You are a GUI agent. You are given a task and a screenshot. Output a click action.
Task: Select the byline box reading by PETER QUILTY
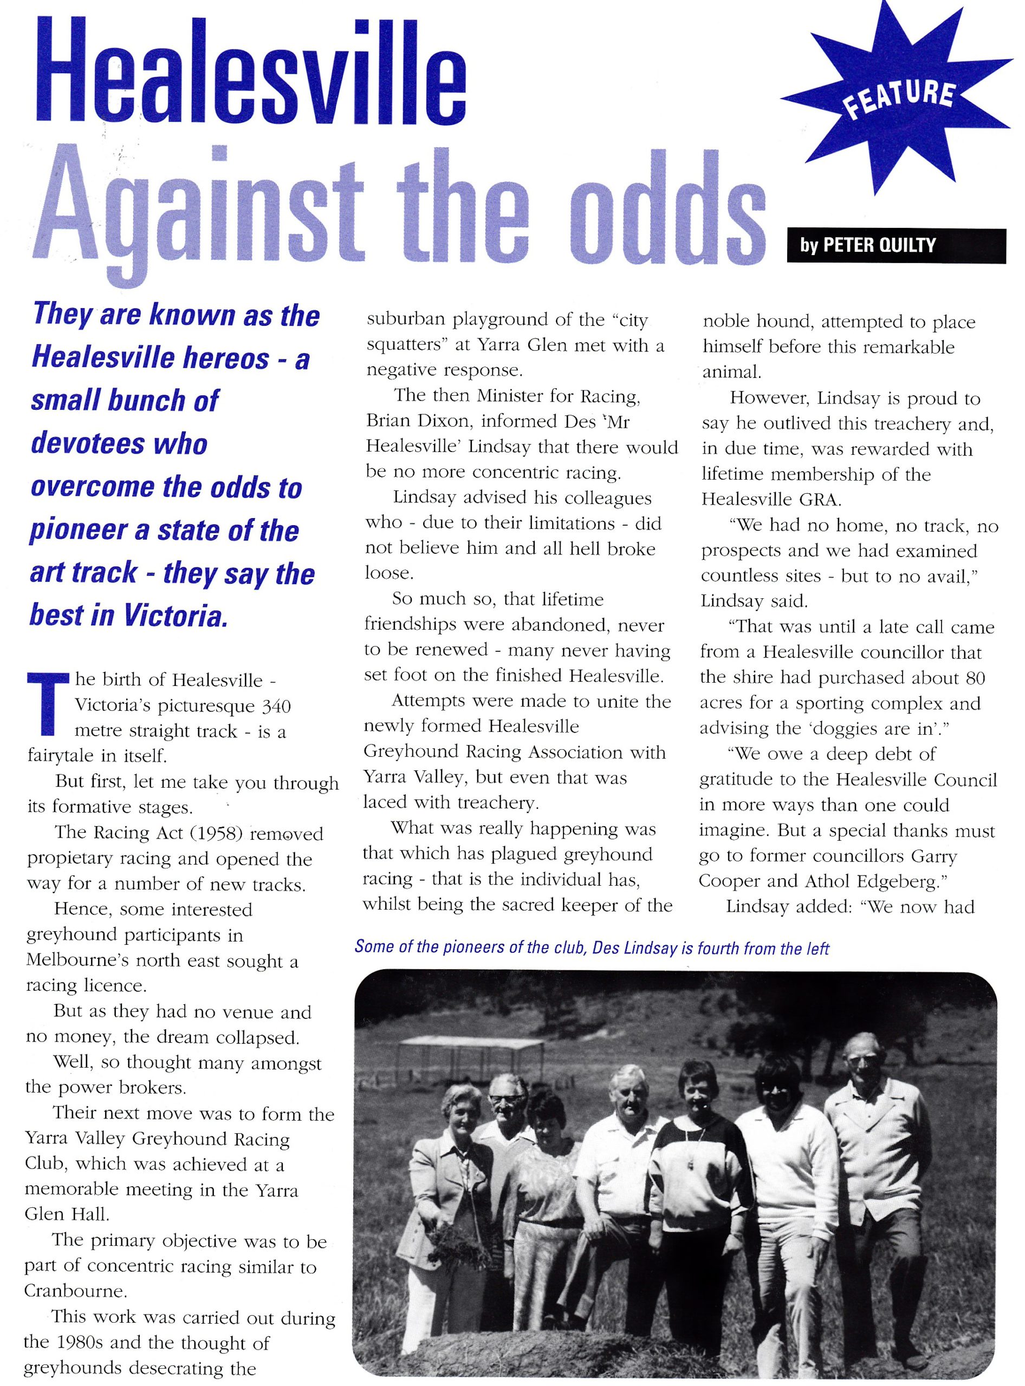(x=896, y=246)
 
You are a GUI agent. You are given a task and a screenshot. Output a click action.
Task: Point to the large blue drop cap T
(x=47, y=701)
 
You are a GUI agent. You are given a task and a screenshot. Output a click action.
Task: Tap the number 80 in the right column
(x=975, y=677)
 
